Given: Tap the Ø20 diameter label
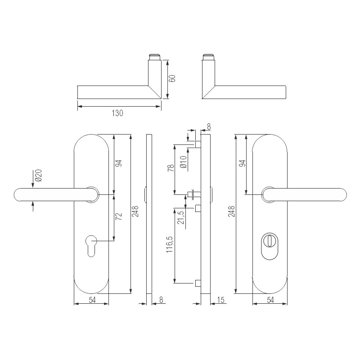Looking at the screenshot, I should [x=39, y=175].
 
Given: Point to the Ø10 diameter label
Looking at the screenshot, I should [x=183, y=162].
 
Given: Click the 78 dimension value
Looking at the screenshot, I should [x=171, y=168].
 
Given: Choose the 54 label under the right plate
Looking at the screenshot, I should [x=270, y=300].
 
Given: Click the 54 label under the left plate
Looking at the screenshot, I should [x=91, y=300].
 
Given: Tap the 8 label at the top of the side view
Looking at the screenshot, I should [x=208, y=126].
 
